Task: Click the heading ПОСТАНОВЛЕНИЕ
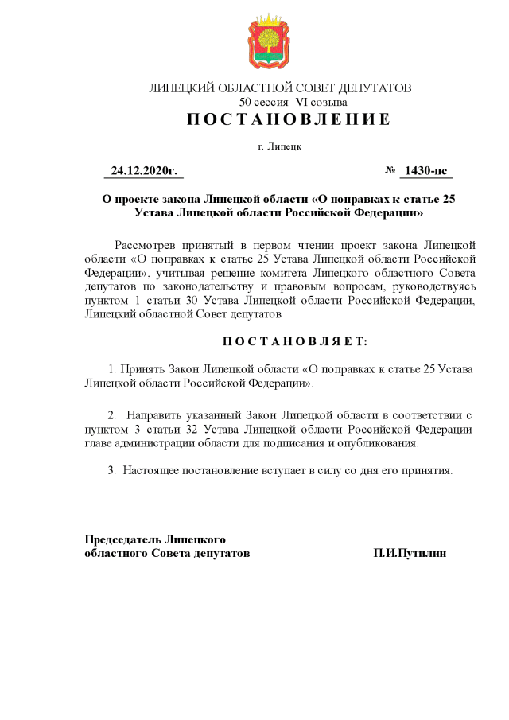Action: [289, 120]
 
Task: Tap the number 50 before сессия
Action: [245, 103]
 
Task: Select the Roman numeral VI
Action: [304, 103]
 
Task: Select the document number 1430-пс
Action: [426, 171]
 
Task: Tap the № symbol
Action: [390, 171]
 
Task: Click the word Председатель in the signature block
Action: [122, 539]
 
